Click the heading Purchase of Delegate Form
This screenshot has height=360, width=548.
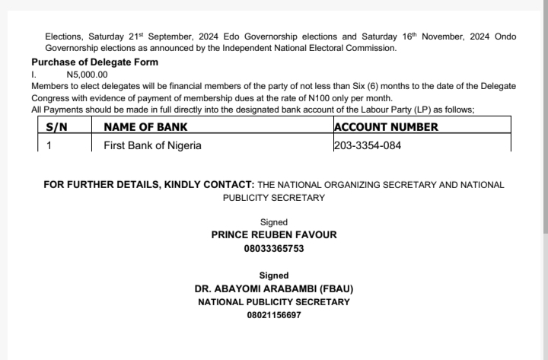tap(95, 62)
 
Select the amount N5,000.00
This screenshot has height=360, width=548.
tap(87, 75)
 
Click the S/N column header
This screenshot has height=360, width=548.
tap(57, 127)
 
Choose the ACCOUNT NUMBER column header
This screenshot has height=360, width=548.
tap(386, 127)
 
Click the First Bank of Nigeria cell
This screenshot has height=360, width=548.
tap(152, 145)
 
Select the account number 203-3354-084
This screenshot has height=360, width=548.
tap(368, 145)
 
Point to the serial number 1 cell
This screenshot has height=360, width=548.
tap(49, 145)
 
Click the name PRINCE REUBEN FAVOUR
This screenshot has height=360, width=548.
tap(273, 235)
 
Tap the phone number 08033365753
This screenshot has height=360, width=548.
tap(273, 248)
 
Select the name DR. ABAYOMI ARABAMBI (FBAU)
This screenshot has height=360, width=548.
tap(274, 289)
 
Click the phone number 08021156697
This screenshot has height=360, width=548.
tap(273, 314)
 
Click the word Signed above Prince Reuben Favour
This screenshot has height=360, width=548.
tap(273, 222)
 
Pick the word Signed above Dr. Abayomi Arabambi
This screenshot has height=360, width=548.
tap(273, 276)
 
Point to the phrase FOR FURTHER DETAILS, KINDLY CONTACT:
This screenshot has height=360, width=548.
tap(149, 185)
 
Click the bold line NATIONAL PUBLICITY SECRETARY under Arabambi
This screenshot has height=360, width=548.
tap(274, 302)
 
